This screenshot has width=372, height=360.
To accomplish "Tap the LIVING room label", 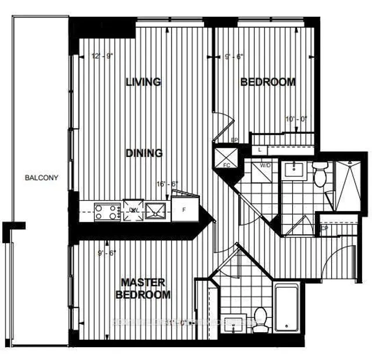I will tap(143, 82).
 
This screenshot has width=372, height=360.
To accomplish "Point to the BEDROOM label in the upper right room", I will tap(268, 82).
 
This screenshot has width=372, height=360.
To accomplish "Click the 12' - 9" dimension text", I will tap(102, 57).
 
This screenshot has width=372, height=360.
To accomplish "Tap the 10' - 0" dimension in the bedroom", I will tap(295, 119).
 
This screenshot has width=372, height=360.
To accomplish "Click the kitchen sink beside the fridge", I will tap(156, 210).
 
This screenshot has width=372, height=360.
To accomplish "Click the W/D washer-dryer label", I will tap(266, 166).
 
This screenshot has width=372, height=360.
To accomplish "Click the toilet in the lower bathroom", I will tap(260, 318).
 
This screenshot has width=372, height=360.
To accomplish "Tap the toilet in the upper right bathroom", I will tap(319, 173).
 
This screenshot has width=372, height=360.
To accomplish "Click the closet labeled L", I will tap(259, 149).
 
